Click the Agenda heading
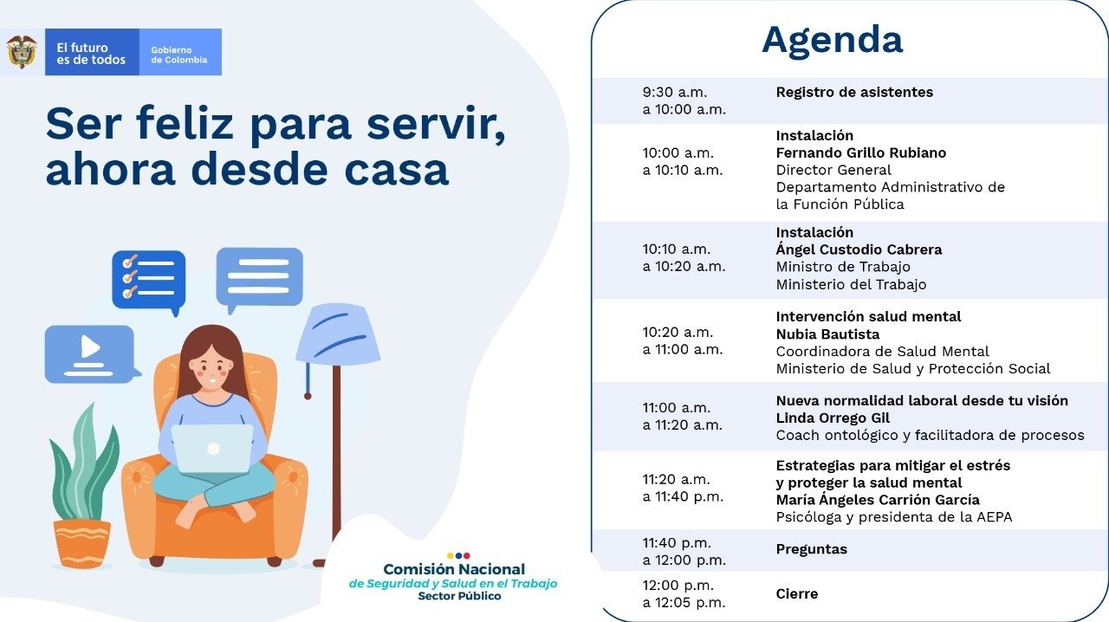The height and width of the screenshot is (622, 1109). click(833, 41)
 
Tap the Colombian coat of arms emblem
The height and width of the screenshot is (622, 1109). click(22, 51)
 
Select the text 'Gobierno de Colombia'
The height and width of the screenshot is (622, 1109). click(178, 55)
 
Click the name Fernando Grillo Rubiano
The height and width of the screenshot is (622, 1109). click(861, 152)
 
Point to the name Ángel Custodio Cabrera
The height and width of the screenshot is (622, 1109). click(859, 249)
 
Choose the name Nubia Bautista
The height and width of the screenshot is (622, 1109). click(827, 334)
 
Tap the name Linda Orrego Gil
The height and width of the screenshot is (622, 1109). click(833, 418)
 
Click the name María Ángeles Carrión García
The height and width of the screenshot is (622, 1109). click(878, 499)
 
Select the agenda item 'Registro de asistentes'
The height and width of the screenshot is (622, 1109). click(854, 92)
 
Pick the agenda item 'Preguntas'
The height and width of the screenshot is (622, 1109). click(812, 549)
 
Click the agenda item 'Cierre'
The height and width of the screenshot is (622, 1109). click(796, 593)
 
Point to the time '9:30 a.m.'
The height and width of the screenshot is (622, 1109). click(675, 92)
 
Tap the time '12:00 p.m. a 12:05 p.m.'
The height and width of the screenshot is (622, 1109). click(684, 593)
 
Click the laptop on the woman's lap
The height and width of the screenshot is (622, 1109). click(212, 449)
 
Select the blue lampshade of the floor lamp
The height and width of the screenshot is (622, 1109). click(338, 334)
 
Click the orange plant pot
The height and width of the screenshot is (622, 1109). click(82, 543)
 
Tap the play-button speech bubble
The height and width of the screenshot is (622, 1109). click(92, 354)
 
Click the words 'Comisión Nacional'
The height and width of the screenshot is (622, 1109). click(454, 569)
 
